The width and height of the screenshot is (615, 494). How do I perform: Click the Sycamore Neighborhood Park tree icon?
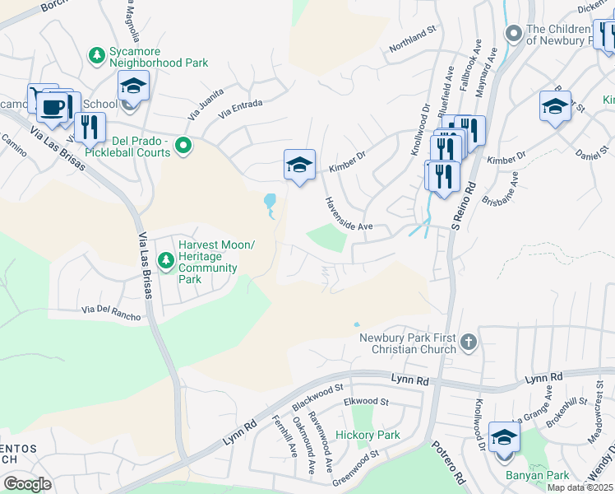tap(97, 55)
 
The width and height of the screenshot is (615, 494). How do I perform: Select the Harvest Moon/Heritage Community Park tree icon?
tap(166, 260)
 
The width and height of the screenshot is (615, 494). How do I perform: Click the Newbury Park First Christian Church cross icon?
tap(468, 342)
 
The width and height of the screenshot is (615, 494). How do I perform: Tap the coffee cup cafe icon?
tap(52, 107)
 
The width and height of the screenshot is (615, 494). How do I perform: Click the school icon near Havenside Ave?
tap(299, 165)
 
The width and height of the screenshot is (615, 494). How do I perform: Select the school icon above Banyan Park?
tap(503, 437)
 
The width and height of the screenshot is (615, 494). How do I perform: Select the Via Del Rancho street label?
tap(111, 313)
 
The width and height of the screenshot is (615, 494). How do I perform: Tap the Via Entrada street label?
tap(241, 105)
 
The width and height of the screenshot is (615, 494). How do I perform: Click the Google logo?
tap(27, 484)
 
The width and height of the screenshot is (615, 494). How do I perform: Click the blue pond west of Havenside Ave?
tap(270, 203)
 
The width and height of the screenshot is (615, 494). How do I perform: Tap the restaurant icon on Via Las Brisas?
tap(90, 128)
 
